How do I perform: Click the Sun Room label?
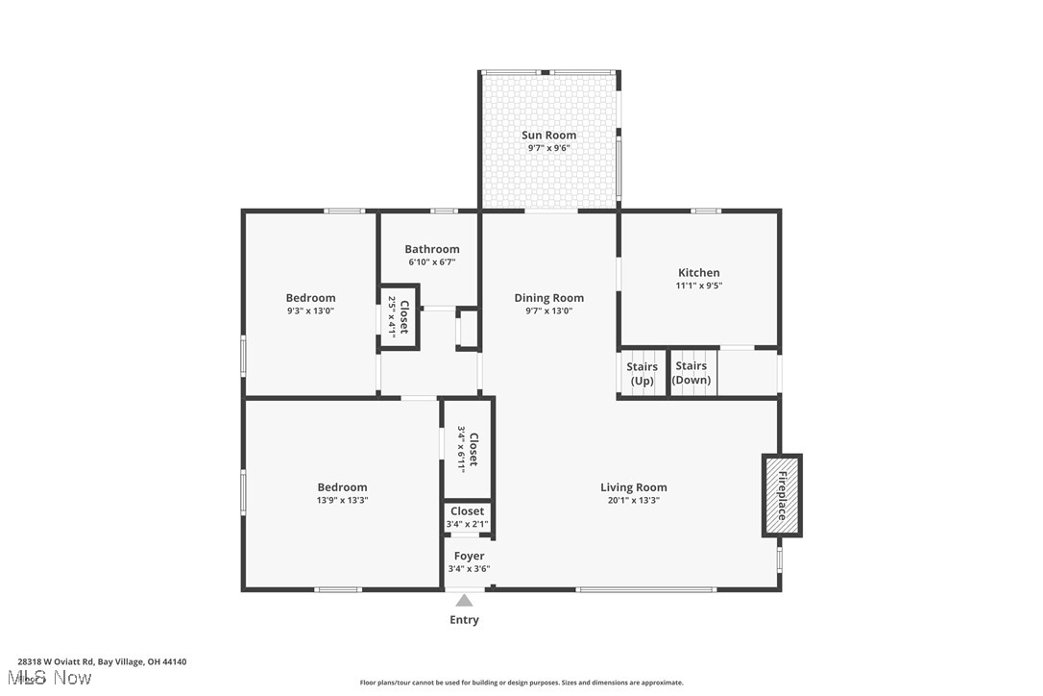[x=548, y=136]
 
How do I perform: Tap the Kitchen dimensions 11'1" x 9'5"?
[x=698, y=286]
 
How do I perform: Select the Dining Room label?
[x=548, y=298]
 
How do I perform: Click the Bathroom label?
[x=431, y=249]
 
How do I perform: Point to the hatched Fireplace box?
[x=782, y=495]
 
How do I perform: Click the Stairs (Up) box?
[x=642, y=374]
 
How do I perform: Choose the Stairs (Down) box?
[x=691, y=373]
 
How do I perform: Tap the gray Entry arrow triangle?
[x=464, y=600]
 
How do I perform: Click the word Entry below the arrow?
[x=464, y=620]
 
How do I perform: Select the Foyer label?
[x=469, y=556]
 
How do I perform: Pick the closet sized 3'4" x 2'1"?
[x=468, y=517]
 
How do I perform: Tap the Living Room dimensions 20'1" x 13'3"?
[x=634, y=500]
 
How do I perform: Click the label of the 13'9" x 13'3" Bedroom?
[x=342, y=487]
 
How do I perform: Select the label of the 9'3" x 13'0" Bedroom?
[x=310, y=298]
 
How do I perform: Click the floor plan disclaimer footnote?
[x=521, y=683]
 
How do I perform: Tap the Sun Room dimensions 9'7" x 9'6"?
[x=548, y=148]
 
